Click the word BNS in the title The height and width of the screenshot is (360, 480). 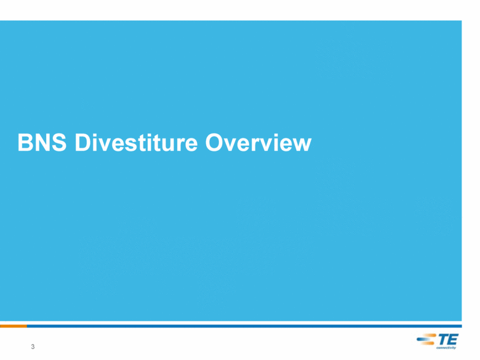(x=42, y=142)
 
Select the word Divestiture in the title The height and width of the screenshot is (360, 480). (x=136, y=142)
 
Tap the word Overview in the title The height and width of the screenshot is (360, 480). (x=258, y=143)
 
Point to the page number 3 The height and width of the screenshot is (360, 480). (x=33, y=346)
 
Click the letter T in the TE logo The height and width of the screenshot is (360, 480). (x=443, y=340)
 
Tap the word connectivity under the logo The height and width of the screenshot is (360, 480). (x=446, y=348)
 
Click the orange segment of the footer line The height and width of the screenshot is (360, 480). (x=14, y=326)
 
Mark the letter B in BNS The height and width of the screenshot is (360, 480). (x=25, y=143)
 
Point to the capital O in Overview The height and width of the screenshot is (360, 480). (x=214, y=143)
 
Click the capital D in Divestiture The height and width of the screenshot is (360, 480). (x=83, y=143)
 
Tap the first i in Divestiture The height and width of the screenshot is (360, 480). (x=95, y=143)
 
